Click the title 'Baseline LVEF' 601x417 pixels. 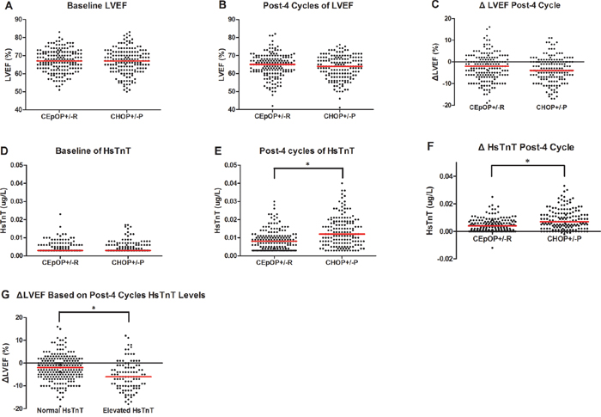coord(103,9)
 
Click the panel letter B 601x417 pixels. coord(206,9)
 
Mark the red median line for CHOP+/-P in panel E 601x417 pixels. coord(342,234)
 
